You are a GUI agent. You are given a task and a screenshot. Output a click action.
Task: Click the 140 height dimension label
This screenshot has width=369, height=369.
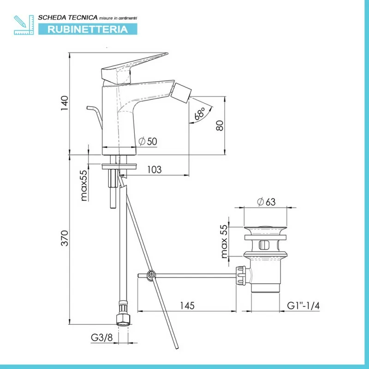pyautogui.click(x=65, y=103)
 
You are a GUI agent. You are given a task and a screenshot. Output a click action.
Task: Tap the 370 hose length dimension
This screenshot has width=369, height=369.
pyautogui.click(x=65, y=238)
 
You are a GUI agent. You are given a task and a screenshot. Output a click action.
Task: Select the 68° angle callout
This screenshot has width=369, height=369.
pyautogui.click(x=200, y=113)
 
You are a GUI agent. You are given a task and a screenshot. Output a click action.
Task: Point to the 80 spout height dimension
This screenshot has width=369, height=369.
pyautogui.click(x=220, y=125)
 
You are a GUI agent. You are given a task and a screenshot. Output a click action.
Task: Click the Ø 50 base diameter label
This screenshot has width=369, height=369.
pyautogui.click(x=148, y=141)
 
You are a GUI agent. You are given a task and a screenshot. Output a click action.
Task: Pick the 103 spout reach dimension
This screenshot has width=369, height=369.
pyautogui.click(x=155, y=169)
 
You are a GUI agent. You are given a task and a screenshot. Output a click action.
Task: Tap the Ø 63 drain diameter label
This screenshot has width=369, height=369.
pyautogui.click(x=266, y=202)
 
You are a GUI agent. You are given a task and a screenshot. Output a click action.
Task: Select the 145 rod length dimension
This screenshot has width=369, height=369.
pyautogui.click(x=187, y=305)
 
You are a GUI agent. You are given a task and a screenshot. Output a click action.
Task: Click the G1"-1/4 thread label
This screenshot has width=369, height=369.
pyautogui.click(x=304, y=305)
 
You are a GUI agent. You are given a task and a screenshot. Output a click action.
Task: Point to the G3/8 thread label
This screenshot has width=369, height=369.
pyautogui.click(x=101, y=338)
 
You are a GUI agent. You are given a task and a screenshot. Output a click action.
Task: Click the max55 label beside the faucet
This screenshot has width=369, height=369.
pyautogui.click(x=84, y=185)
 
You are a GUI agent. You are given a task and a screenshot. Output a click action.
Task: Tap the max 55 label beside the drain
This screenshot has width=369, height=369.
pyautogui.click(x=224, y=241)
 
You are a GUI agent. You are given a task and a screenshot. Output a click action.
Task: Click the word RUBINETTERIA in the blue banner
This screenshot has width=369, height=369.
pyautogui.click(x=88, y=29)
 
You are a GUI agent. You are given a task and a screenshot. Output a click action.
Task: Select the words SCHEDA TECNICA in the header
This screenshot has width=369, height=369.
pyautogui.click(x=68, y=18)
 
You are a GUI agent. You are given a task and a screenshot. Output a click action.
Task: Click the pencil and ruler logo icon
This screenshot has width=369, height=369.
pyautogui.click(x=24, y=25)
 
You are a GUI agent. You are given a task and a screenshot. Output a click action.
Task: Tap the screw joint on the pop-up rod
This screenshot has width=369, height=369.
pyautogui.click(x=151, y=274)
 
